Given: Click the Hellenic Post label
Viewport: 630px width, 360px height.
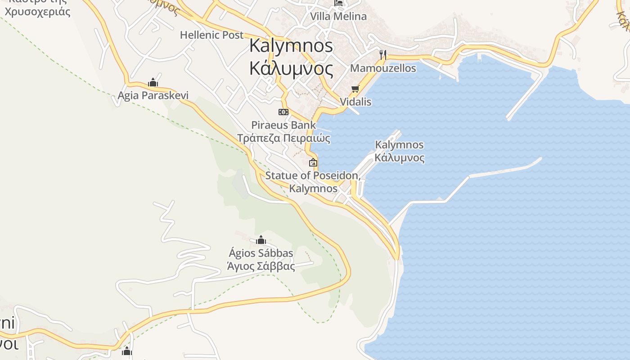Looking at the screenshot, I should pos(211,35).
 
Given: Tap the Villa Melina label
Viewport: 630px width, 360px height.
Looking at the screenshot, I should pos(338,16).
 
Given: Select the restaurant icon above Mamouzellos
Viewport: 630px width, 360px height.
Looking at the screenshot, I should pos(383,55).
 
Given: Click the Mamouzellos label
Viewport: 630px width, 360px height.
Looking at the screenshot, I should pos(383,68).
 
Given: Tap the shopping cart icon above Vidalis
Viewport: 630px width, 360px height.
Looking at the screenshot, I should pos(355,89).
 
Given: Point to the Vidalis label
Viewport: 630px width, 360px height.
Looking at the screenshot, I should pos(355,102).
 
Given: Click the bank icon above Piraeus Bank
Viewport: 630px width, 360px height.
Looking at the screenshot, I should pos(283,112).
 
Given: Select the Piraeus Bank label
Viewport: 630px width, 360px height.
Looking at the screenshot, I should pos(283,125).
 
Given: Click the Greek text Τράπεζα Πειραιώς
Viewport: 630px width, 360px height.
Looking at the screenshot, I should pos(283,138).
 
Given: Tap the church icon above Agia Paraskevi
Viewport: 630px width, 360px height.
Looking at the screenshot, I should pos(153,83).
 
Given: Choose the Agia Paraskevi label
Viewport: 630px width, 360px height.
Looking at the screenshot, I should pos(153,95).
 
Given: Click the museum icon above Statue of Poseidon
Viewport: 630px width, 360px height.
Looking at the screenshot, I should pos(313,162).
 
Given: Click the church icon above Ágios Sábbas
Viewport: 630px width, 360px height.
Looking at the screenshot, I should pos(261,240).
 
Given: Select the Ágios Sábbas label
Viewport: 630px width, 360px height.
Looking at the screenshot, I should pos(261,253).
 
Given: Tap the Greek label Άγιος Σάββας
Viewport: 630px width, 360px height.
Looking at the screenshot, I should pos(261,266).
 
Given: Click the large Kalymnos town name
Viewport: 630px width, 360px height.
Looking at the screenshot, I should pos(291,45).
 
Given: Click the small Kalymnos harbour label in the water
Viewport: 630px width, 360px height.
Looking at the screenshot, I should pos(399,145).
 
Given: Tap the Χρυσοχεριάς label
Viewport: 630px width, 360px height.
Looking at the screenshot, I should pos(38,11).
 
